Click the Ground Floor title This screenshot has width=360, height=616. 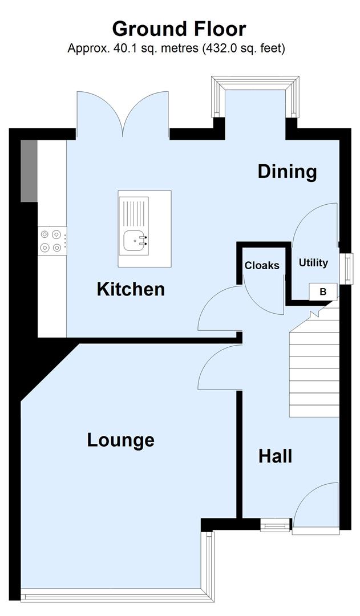[x=179, y=29]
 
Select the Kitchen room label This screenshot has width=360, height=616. [x=131, y=289]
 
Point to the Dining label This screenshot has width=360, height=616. [x=287, y=171]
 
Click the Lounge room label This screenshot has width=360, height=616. [x=120, y=440]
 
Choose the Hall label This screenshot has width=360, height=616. [x=275, y=456]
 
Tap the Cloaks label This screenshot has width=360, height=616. [x=262, y=266]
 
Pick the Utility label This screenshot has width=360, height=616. [x=313, y=263]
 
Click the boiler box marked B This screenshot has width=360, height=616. [x=323, y=291]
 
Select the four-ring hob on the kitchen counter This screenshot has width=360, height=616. [x=51, y=241]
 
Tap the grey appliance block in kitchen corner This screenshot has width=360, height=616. [x=29, y=171]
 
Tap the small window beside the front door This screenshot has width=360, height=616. [x=275, y=525]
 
